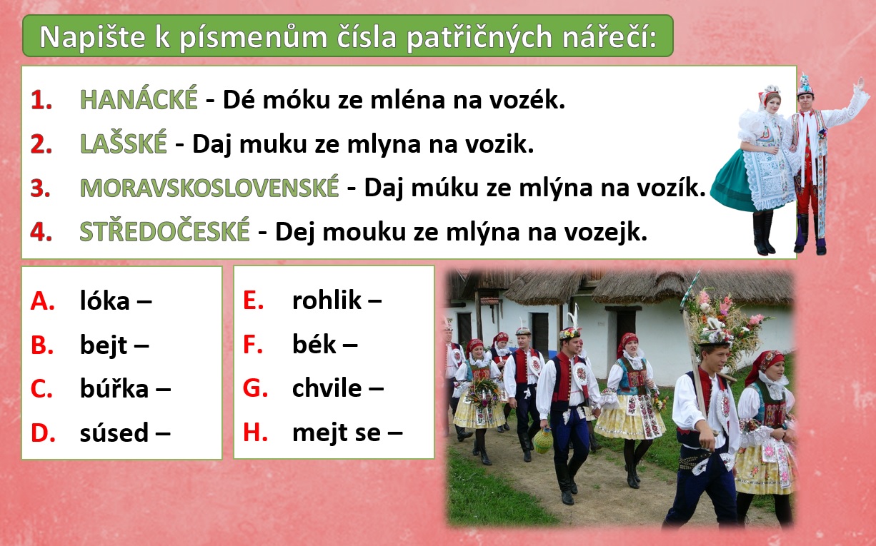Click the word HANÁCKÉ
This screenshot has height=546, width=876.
pos(139,99)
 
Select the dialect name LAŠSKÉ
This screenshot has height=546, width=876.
pos(123,143)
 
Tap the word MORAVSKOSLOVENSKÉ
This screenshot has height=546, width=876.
pos(209,188)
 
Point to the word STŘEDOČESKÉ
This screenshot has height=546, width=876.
pos(164,231)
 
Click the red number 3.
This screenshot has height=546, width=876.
pos(40,188)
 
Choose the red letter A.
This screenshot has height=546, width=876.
pos(42,301)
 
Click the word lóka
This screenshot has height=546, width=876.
pos(104,300)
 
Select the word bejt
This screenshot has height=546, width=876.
pos(103,345)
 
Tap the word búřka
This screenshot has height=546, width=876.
pos(114,388)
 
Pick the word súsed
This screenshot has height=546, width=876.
pos(114,433)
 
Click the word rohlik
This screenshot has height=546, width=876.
pos(327,300)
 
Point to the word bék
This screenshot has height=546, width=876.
pos(314,345)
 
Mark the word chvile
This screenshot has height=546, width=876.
pos(327,388)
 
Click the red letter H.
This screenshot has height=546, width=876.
pos(255,433)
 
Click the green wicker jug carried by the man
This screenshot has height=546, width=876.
pos(543,440)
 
